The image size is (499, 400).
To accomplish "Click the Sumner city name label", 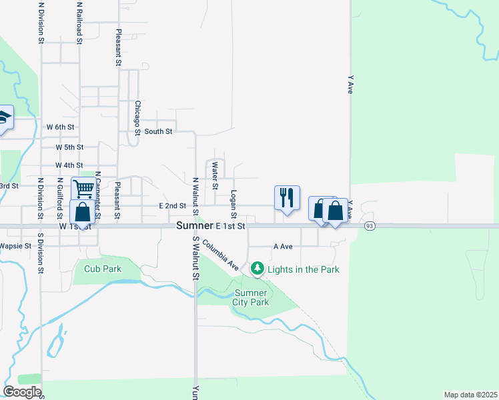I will click(x=195, y=227).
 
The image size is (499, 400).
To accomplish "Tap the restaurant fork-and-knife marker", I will click(x=288, y=197).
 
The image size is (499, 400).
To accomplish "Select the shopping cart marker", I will click(x=83, y=189).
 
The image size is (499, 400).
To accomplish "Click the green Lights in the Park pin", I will click(x=258, y=269).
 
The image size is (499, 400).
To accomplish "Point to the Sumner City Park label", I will click(x=250, y=297).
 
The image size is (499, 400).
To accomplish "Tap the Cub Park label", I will click(x=103, y=269).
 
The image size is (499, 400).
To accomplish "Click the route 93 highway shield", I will click(x=369, y=227).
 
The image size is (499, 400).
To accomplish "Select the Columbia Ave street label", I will click(x=221, y=254).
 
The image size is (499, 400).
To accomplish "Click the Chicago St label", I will click(x=137, y=117).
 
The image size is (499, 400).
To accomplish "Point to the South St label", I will click(x=159, y=132).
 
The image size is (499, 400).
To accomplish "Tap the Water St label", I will click(x=215, y=175).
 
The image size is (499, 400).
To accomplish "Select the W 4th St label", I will click(x=69, y=165).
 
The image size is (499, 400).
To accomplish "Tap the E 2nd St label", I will click(x=172, y=207).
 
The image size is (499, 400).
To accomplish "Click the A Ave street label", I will click(x=284, y=246).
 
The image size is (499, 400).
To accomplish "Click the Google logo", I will click(x=22, y=392).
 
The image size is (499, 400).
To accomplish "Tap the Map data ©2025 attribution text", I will click(x=470, y=395).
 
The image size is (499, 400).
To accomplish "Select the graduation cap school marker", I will click(x=4, y=119).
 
